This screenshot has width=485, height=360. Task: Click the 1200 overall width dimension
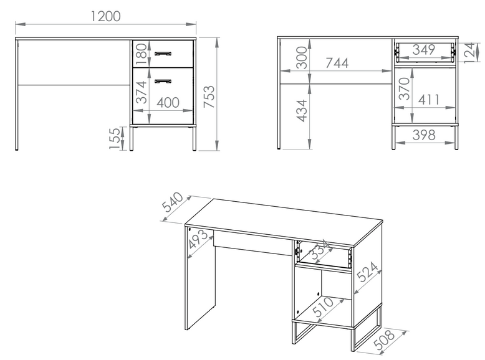click(106, 16)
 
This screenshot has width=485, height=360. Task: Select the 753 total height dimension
click(209, 97)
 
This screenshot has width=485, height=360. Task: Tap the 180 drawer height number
click(141, 54)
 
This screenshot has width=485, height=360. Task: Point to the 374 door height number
click(141, 92)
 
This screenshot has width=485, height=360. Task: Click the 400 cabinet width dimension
click(168, 103)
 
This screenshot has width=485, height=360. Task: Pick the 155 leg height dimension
click(115, 138)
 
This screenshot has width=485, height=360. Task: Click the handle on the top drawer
click(163, 54)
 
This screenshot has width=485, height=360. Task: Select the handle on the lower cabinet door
click(163, 81)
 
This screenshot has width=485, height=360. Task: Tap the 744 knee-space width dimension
click(337, 63)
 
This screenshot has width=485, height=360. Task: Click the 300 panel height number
click(302, 58)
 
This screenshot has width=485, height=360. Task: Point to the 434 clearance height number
click(302, 111)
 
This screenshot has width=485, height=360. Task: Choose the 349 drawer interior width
click(424, 49)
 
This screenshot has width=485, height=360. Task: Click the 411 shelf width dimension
click(429, 100)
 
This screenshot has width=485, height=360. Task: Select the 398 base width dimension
click(424, 135)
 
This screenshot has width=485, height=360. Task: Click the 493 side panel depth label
click(199, 239)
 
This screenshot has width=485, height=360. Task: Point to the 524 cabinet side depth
click(367, 272)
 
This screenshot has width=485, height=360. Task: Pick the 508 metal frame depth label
click(385, 339)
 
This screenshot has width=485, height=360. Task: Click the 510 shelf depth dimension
click(323, 307)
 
